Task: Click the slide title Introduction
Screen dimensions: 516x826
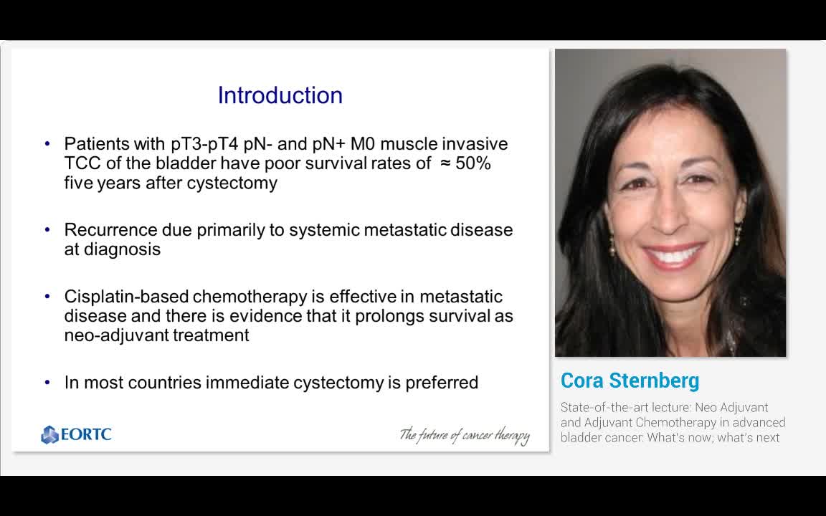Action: coord(280,95)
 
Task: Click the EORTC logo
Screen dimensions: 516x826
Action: coord(76,434)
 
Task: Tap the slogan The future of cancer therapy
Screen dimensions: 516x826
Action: coord(464,435)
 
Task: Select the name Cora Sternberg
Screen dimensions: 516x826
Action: coord(630,381)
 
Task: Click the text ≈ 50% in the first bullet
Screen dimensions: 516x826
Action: coord(465,163)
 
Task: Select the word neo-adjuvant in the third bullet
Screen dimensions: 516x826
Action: coord(107,335)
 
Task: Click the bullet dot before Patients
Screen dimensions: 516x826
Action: coord(47,143)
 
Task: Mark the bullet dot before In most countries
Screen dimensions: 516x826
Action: coord(47,382)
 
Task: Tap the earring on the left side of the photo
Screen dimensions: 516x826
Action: coord(612,244)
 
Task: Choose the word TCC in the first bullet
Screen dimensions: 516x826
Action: coord(81,163)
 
